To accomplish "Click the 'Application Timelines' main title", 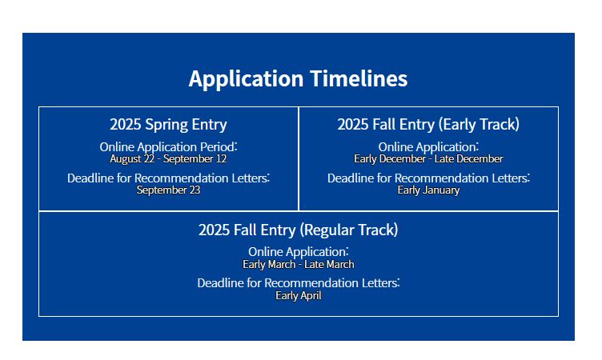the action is click(298, 79).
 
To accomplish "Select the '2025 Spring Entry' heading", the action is click(168, 125).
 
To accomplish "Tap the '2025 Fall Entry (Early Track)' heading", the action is click(428, 125).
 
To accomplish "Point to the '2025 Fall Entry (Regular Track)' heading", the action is click(299, 230).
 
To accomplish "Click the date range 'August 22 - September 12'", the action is click(168, 159).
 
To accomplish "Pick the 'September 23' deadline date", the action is click(168, 190).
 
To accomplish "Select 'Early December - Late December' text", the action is click(428, 159).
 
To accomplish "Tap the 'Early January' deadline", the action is click(428, 190).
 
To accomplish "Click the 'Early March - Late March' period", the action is click(299, 265).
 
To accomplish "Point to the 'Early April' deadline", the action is click(299, 295).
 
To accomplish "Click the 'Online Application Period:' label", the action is click(169, 147).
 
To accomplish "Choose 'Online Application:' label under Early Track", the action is click(428, 147).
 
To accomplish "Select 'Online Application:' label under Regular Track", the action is click(299, 252).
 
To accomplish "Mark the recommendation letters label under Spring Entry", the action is click(169, 178).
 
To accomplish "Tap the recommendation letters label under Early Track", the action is click(428, 178).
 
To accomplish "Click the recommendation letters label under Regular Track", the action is click(299, 283).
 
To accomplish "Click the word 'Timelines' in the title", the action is click(359, 78).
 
